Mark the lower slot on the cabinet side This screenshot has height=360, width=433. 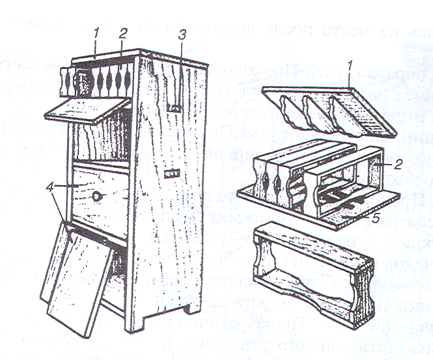point(172,173)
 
